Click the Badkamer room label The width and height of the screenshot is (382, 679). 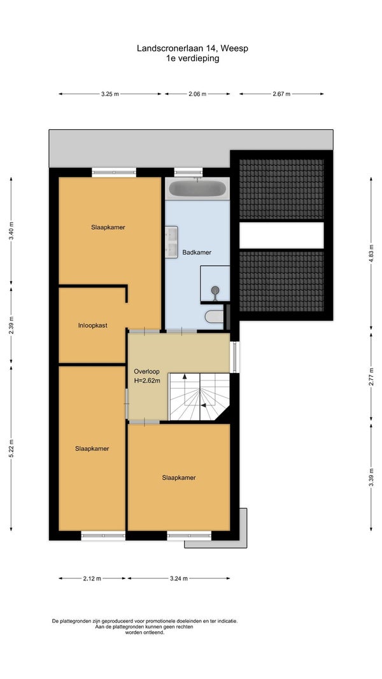(x=197, y=252)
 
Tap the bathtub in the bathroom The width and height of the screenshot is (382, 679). (x=197, y=189)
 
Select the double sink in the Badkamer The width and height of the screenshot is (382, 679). (x=171, y=242)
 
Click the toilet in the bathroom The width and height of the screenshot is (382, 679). (x=214, y=317)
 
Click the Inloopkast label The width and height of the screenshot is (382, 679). (x=93, y=325)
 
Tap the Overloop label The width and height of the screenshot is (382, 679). (x=146, y=371)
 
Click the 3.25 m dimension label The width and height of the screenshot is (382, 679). (x=110, y=94)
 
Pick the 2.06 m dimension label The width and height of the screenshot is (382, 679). (x=197, y=94)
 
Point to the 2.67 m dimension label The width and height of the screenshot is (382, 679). (x=281, y=94)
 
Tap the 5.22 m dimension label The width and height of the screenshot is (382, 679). (x=11, y=448)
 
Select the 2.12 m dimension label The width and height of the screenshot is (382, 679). (x=92, y=578)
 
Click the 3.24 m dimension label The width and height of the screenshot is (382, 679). (x=179, y=578)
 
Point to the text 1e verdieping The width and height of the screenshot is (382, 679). (x=192, y=59)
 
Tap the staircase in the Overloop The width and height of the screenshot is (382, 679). (x=199, y=396)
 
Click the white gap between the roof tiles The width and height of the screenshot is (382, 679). (x=281, y=235)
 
